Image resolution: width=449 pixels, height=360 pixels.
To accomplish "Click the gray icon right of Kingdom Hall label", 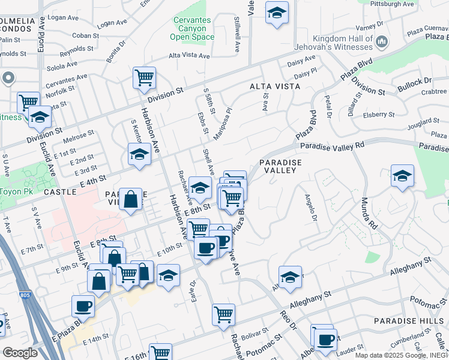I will pos(381,41).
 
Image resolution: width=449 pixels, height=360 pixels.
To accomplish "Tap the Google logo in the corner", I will pos(20,353).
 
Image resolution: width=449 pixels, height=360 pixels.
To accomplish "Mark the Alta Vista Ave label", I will pos(189,56).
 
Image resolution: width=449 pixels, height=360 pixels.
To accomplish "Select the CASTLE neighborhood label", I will pos(60,192).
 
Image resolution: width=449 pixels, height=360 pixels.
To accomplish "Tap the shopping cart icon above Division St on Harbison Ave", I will pos(144,77).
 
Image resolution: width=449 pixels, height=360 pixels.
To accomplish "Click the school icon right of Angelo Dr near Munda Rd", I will pos(402,176).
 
